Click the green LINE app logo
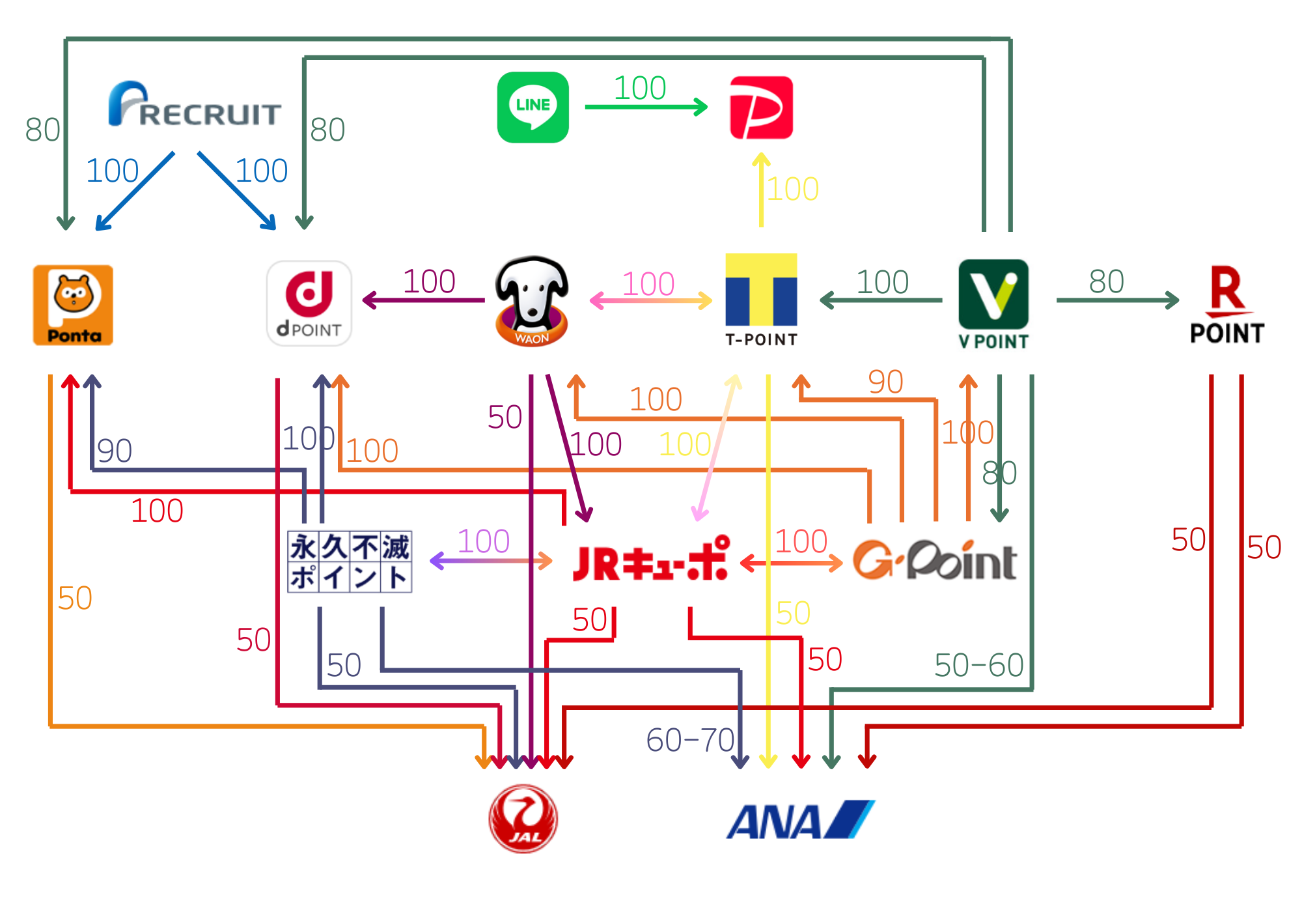point(533,107)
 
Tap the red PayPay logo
point(761,107)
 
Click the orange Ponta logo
point(73,305)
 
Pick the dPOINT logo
point(309,304)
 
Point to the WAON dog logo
point(532,301)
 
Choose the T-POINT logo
point(761,300)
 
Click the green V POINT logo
point(993,304)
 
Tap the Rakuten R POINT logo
point(1227,305)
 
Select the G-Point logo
point(935,560)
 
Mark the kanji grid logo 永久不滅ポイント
point(350,561)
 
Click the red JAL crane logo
point(523,819)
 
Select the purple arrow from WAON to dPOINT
point(424,300)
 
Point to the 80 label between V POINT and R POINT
point(1107,282)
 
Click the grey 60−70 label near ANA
point(690,741)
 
